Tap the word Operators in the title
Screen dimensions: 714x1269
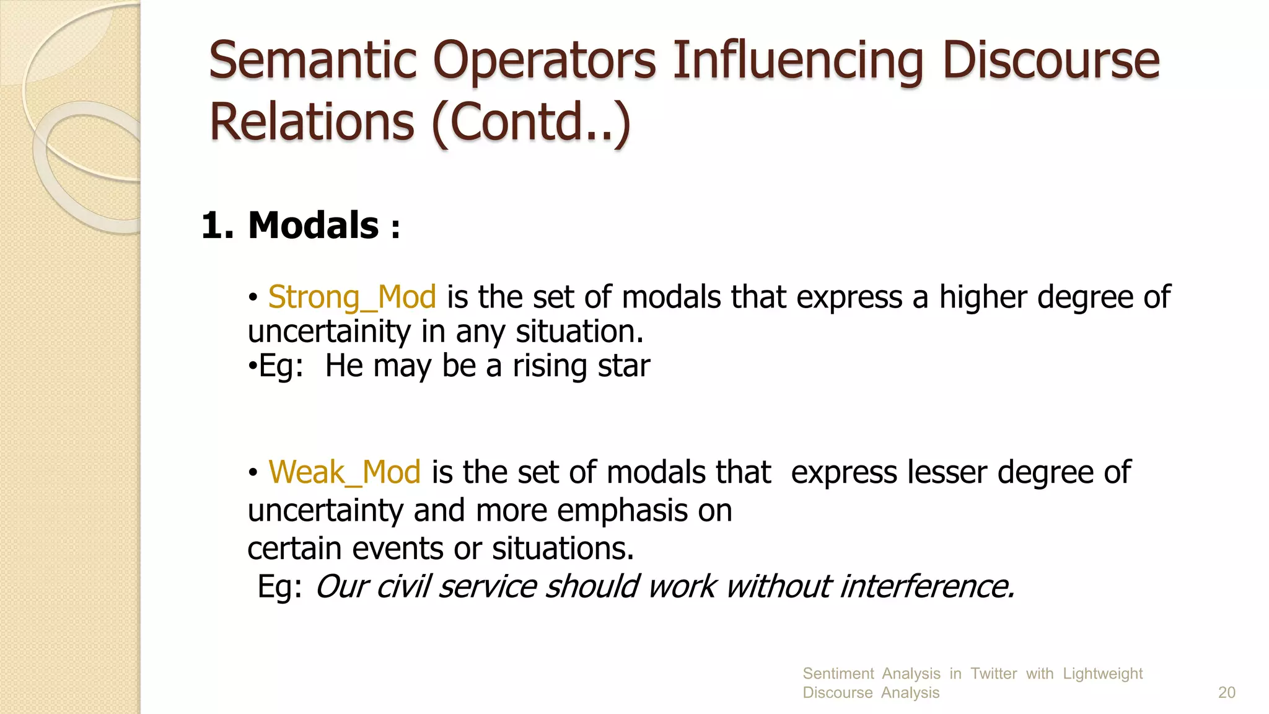[544, 61]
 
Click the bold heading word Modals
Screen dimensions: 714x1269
[313, 225]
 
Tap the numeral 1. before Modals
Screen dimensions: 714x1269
[217, 225]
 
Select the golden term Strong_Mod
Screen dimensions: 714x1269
[352, 297]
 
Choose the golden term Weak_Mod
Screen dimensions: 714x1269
[345, 472]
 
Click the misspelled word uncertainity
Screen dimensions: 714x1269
[329, 332]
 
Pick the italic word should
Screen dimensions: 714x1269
[591, 586]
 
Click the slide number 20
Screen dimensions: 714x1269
[1226, 692]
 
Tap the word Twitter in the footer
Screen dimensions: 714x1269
[993, 674]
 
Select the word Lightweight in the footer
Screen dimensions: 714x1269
[1102, 674]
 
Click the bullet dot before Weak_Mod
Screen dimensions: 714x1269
[253, 474]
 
